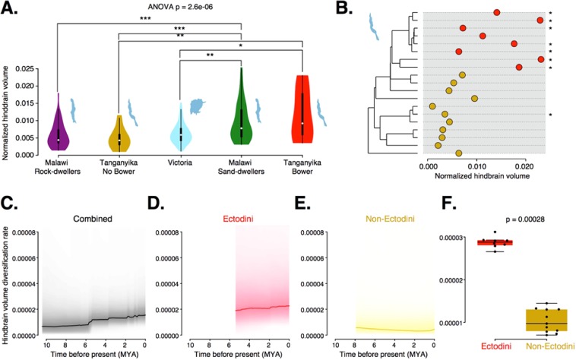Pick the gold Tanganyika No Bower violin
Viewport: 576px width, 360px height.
(x=119, y=135)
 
